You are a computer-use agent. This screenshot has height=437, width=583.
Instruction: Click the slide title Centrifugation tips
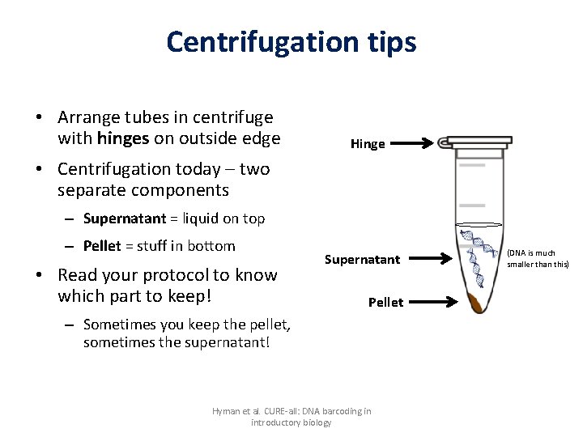tap(291, 41)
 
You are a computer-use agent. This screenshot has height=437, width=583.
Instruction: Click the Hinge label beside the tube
tap(368, 144)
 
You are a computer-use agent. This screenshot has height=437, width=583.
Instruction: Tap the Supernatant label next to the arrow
tap(362, 260)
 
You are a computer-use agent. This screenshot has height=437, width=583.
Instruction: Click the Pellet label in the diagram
tap(385, 302)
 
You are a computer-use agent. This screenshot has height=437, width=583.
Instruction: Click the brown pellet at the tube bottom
tap(477, 304)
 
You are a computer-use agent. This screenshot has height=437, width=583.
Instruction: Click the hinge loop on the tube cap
tap(445, 143)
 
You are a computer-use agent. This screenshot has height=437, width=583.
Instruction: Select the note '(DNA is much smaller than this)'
tap(538, 259)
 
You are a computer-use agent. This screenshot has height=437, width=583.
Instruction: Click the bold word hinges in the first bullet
tap(122, 138)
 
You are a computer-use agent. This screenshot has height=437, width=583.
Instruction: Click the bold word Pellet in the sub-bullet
tap(102, 246)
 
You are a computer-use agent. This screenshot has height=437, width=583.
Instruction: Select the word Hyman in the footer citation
tap(227, 411)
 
